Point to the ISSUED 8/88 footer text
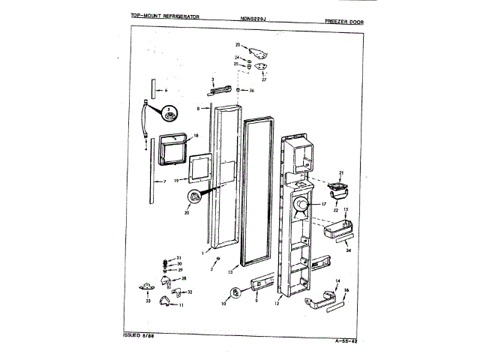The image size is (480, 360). [138, 333]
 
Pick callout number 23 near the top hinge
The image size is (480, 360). [237, 46]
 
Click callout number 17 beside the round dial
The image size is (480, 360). [325, 203]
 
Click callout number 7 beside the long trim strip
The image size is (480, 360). [165, 181]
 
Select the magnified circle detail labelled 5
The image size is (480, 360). [170, 114]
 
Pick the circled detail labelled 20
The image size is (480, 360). [197, 197]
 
